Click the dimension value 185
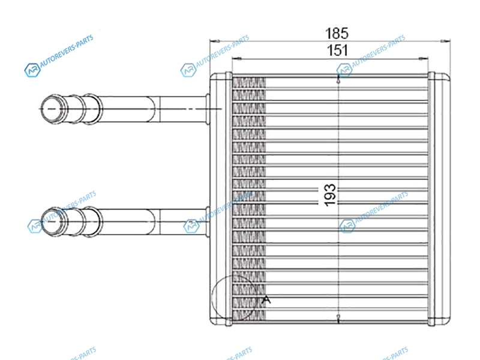[x=337, y=33]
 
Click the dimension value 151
[x=337, y=50]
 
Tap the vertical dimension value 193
[x=330, y=196]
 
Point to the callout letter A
[x=266, y=299]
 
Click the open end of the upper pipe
[x=53, y=109]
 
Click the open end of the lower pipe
[x=53, y=221]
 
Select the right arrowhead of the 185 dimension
[x=445, y=41]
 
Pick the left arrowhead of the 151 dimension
[x=237, y=58]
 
